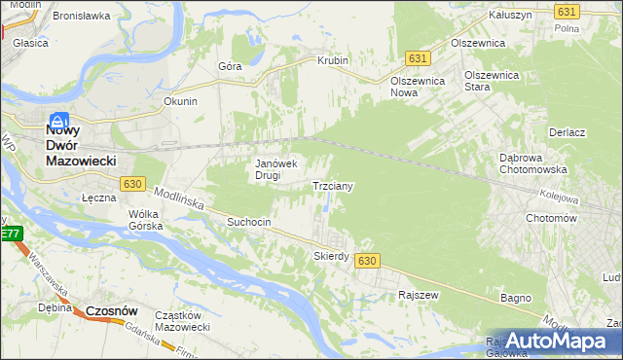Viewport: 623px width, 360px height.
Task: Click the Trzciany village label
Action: coord(332,185)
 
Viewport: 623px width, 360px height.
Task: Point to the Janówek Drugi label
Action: coord(282,170)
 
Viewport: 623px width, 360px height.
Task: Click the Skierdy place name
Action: coord(331,256)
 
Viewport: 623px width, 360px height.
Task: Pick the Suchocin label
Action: coord(254,222)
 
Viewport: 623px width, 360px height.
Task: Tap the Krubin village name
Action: coord(332,60)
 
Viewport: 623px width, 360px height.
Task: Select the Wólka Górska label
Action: coord(143,220)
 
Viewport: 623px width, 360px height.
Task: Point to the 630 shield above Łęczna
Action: coord(133,183)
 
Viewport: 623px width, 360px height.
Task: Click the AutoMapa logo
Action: coord(554,342)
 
